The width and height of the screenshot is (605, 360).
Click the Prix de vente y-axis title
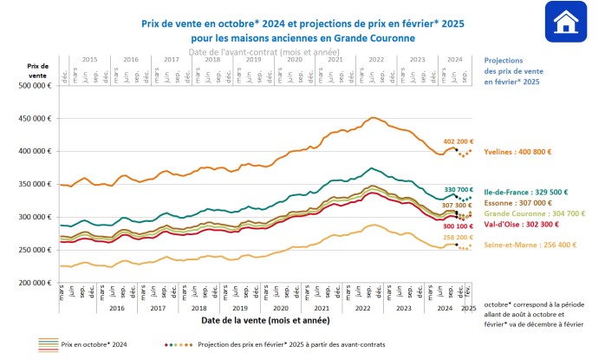pos(37,70)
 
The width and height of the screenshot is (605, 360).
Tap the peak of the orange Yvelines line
pos(373,118)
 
